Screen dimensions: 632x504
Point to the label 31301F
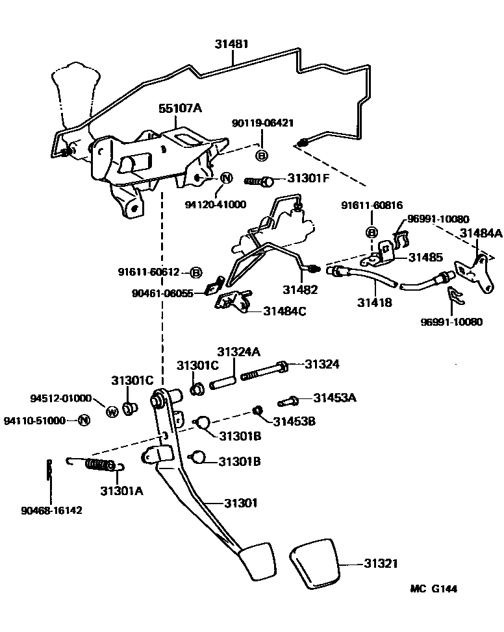click(x=308, y=176)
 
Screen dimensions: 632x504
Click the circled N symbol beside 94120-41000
click(x=227, y=178)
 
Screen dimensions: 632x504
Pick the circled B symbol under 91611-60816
click(x=372, y=232)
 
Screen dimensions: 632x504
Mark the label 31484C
click(x=284, y=311)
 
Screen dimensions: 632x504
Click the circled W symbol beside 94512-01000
click(x=111, y=411)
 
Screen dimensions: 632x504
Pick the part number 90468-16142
click(x=52, y=510)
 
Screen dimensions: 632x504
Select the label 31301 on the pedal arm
click(x=241, y=502)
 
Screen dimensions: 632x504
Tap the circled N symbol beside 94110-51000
click(x=83, y=420)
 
